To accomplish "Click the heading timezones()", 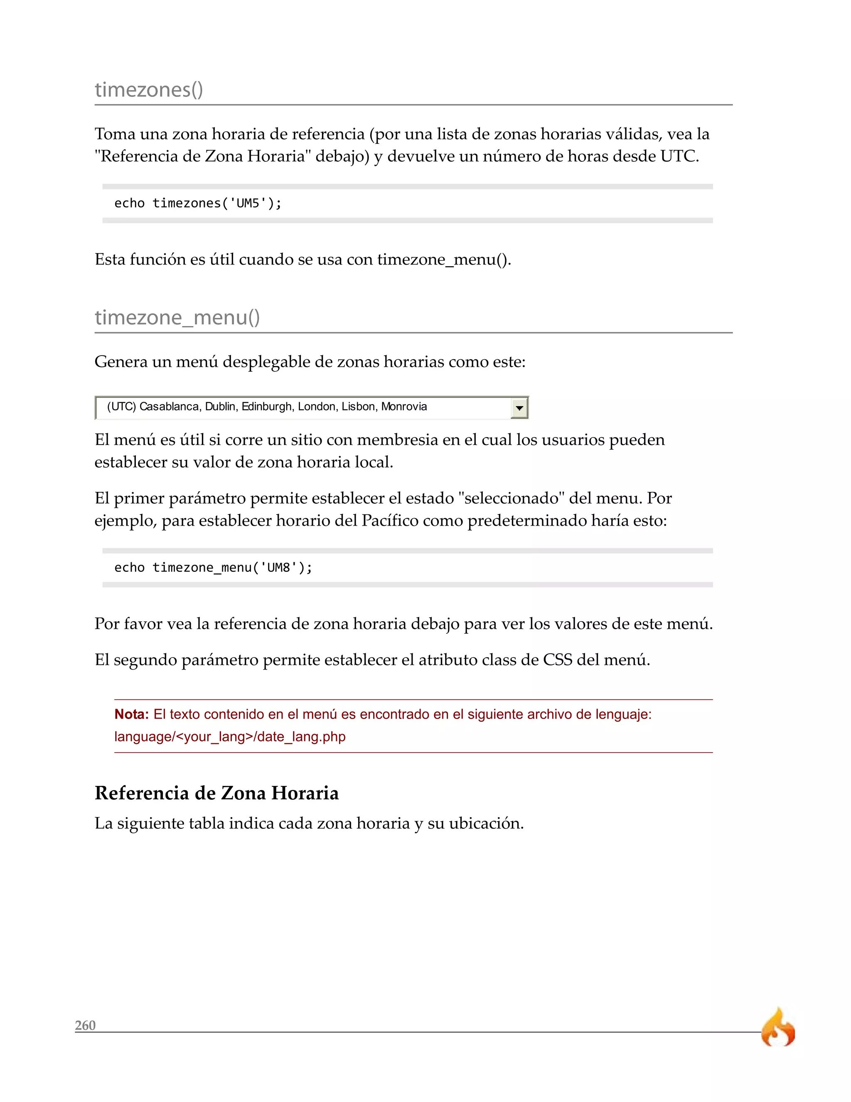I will [x=149, y=90].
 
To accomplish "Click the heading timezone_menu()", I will [x=177, y=317].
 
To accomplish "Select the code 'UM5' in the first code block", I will [x=248, y=203].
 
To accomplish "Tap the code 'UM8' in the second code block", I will [x=278, y=568].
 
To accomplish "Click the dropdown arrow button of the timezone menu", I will [x=519, y=408].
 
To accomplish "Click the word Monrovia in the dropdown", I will [x=404, y=407].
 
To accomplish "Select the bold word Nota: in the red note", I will [x=131, y=714].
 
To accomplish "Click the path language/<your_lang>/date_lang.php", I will [x=230, y=737].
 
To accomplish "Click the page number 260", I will [x=85, y=1025].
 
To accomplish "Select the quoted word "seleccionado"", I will [x=511, y=498].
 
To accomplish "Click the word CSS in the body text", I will [x=557, y=660].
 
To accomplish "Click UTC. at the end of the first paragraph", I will [x=679, y=156].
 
